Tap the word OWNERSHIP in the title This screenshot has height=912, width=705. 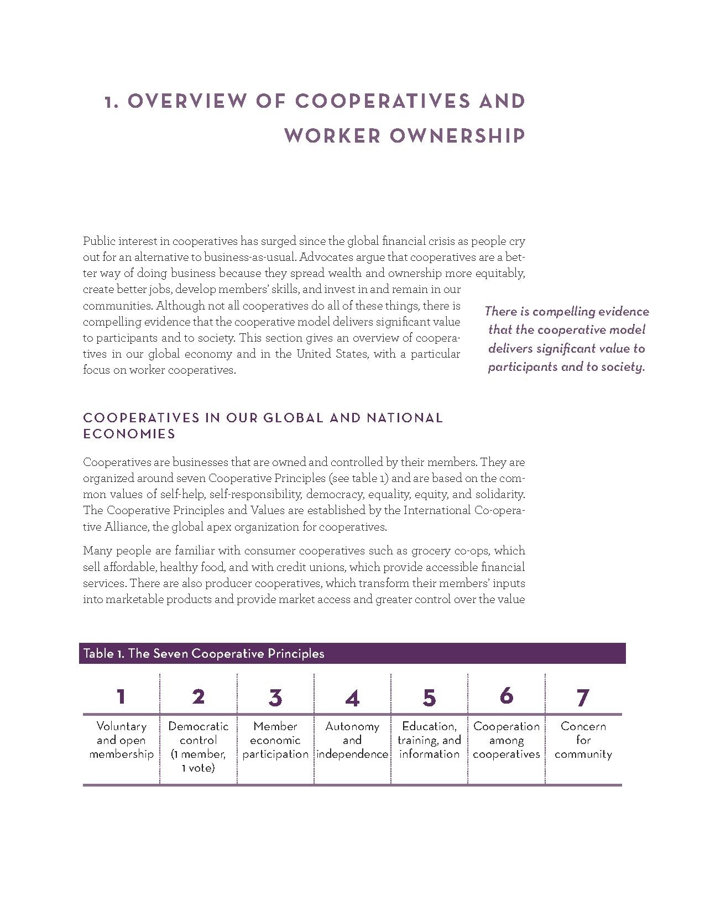click(457, 136)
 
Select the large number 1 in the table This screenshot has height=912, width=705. click(121, 696)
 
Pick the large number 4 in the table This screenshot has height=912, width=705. click(352, 698)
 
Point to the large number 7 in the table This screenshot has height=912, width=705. click(583, 698)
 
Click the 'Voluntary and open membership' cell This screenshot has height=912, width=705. click(121, 740)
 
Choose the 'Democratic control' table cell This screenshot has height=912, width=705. click(198, 746)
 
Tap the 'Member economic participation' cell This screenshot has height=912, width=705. click(275, 740)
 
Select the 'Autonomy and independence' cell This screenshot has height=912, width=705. click(352, 740)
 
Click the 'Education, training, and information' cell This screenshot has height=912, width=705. click(429, 740)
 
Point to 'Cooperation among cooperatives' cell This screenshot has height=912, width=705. click(506, 740)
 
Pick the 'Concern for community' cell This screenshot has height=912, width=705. click(583, 740)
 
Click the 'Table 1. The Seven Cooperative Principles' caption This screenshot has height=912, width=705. click(203, 653)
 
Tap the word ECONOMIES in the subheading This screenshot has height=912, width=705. click(129, 434)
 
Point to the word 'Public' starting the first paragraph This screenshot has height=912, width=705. click(98, 241)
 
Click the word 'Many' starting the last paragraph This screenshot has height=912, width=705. click(95, 551)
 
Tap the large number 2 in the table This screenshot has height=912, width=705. click(198, 696)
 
